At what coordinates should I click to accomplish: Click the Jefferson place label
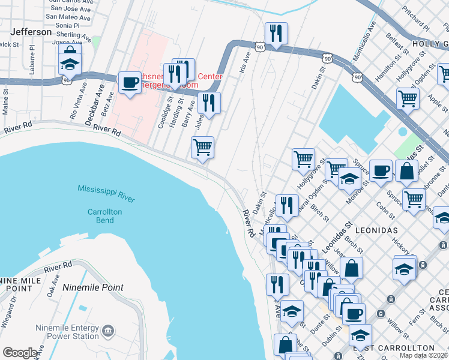[x=30, y=32]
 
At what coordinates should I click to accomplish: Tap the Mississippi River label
[x=106, y=193]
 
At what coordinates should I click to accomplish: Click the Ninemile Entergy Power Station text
[x=67, y=332]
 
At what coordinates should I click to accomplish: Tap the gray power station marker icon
[x=108, y=331]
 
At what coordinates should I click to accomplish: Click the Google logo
[x=20, y=353]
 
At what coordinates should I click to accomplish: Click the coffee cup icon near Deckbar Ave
[x=129, y=82]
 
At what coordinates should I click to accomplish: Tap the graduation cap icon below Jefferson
[x=70, y=62]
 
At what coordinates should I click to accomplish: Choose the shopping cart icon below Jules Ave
[x=202, y=147]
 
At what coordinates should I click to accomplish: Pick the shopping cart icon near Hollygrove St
[x=303, y=159]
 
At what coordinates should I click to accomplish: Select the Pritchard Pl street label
[x=417, y=20]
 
